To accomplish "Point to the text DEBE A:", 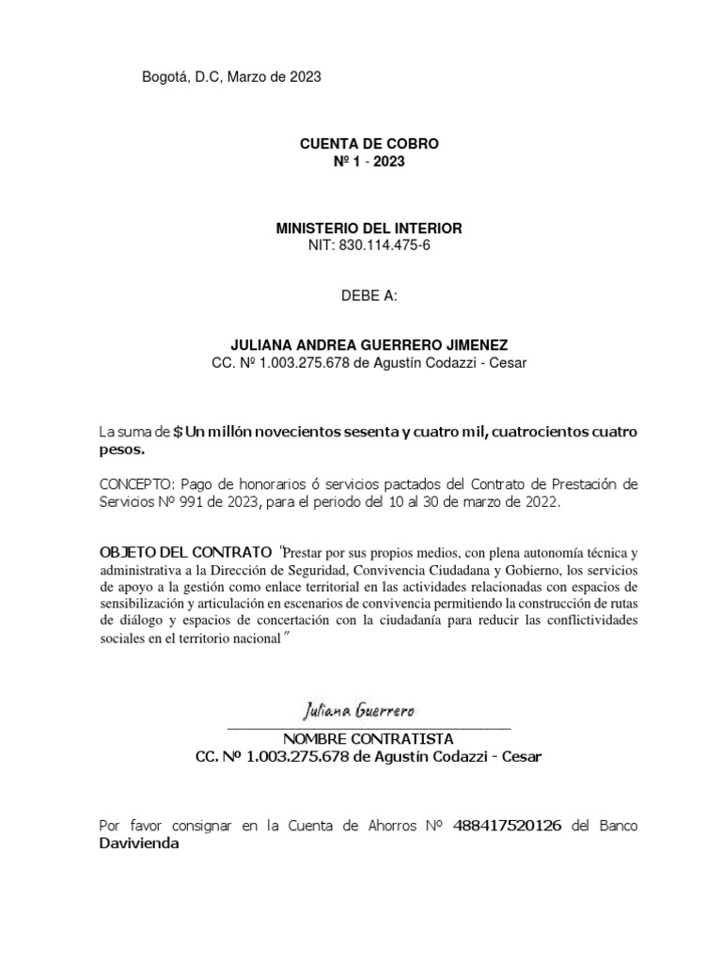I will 369,297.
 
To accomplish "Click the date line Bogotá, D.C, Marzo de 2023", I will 231,78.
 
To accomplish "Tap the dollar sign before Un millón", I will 179,432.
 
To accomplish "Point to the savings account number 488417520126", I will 508,827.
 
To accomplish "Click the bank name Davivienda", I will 139,844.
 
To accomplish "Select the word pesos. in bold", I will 122,450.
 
